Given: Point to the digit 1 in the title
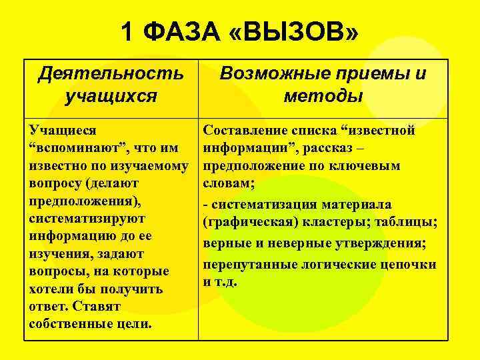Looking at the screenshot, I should pos(129,31).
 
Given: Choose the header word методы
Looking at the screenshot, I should pos(323,95).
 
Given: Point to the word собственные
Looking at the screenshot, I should pos(70,324).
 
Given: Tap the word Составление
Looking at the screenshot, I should pos(248,130).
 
